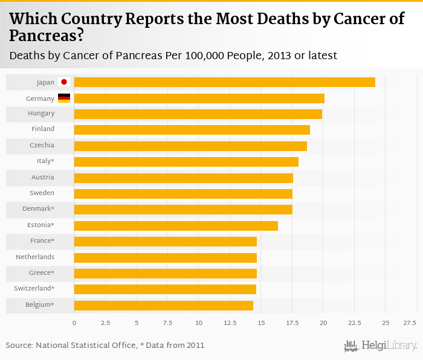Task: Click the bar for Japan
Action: point(224,82)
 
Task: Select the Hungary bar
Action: point(198,114)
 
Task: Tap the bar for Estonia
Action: point(176,225)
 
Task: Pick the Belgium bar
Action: point(163,305)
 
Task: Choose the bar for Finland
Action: point(192,129)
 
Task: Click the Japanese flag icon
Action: point(64,82)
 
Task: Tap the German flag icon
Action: point(64,98)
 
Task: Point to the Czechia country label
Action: point(42,146)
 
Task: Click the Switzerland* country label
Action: point(34,289)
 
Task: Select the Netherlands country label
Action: point(35,257)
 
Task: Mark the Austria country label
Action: point(42,178)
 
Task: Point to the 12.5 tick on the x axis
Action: point(230,323)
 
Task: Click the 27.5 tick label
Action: point(410,323)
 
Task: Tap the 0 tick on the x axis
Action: point(74,323)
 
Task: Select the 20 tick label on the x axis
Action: point(323,323)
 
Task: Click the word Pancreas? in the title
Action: point(46,35)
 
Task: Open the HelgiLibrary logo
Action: point(380,346)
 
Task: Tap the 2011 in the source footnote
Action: point(195,346)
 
